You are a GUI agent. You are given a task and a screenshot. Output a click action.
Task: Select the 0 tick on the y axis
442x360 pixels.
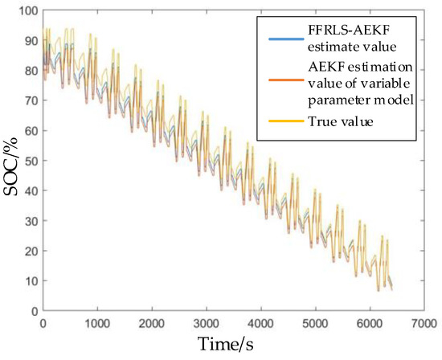tap(34, 311)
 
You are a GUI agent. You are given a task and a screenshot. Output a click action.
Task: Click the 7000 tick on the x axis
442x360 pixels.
tap(425, 322)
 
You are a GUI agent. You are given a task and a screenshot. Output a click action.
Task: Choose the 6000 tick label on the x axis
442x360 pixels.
tap(370, 322)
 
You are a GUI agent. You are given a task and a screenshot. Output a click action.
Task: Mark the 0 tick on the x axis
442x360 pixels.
tap(43, 322)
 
